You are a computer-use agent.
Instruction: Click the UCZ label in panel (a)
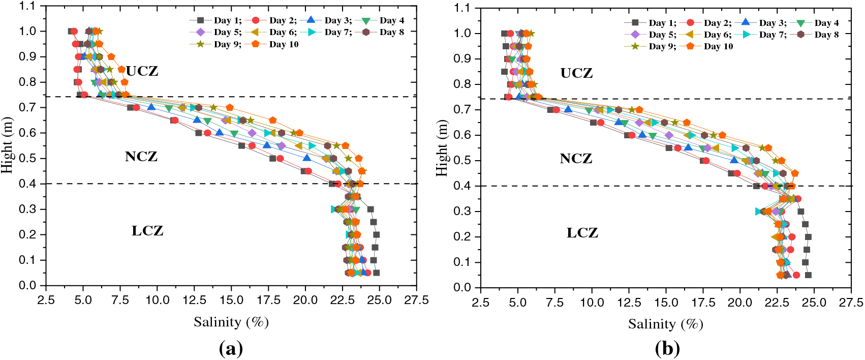pos(142,71)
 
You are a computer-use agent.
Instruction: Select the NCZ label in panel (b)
pos(576,159)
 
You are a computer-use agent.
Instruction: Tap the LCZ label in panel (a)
pos(147,231)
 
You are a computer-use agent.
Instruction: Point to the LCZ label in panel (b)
pos(582,233)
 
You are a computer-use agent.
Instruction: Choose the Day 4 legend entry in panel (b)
pos(826,23)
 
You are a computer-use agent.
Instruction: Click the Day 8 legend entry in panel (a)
pos(391,32)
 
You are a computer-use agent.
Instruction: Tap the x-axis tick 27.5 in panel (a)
pos(417,300)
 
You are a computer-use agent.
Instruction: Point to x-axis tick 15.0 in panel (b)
pos(666,303)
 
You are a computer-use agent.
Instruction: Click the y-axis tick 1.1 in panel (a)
pos(28,6)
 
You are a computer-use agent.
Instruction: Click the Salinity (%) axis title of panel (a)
pos(231,322)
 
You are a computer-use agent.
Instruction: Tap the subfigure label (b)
pos(667,349)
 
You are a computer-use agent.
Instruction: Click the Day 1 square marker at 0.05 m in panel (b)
pos(808,275)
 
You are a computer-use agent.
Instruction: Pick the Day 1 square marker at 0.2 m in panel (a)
pos(377,235)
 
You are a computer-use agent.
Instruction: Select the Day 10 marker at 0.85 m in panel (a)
pos(121,69)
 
